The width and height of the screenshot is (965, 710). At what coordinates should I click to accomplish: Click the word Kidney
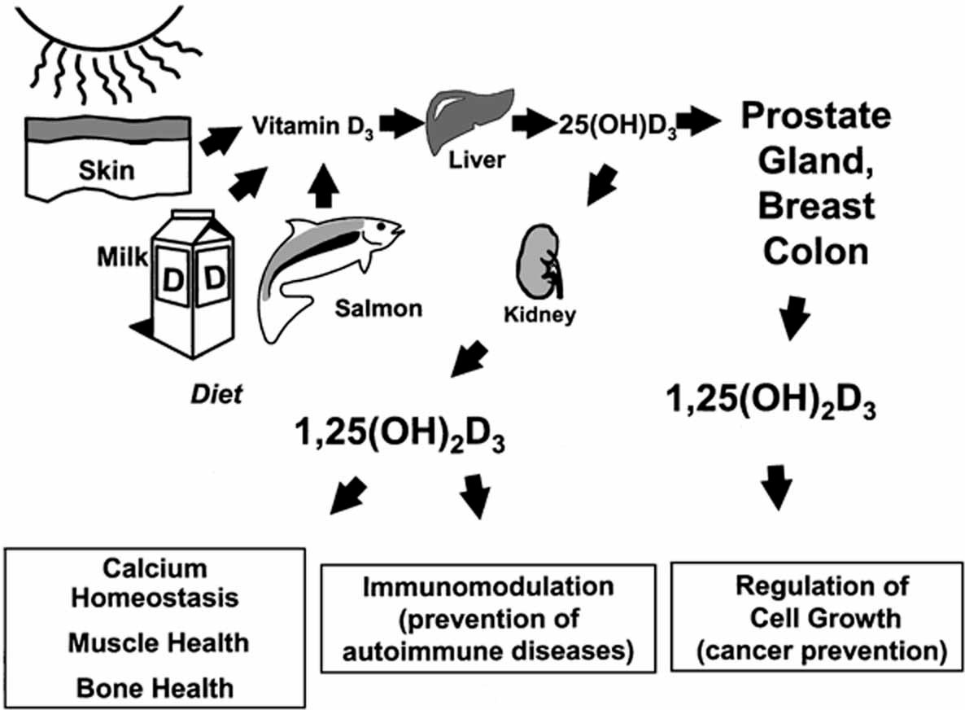click(x=539, y=314)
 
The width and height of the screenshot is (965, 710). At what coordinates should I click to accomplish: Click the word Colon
click(x=814, y=252)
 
